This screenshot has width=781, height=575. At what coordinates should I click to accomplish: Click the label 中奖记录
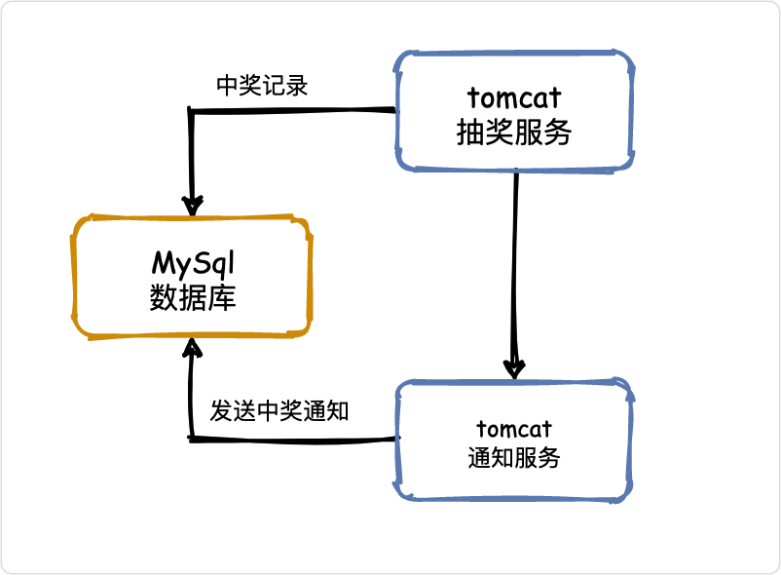click(262, 86)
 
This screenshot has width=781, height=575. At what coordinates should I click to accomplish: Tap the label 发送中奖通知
click(279, 411)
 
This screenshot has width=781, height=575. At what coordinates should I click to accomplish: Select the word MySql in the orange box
click(193, 263)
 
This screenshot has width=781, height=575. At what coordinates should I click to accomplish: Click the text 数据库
click(193, 298)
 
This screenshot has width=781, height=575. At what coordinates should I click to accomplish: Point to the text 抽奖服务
click(513, 132)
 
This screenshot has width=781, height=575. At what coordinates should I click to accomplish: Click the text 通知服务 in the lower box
click(514, 457)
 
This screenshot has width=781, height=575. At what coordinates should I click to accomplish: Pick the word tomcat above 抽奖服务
click(514, 97)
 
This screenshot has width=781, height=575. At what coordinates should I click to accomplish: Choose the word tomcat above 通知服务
click(514, 429)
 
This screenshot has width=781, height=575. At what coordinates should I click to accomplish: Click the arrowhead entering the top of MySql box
click(192, 206)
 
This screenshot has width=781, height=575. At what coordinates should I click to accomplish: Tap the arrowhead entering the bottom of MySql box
click(192, 348)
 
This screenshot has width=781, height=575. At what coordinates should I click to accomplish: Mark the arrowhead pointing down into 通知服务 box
click(514, 368)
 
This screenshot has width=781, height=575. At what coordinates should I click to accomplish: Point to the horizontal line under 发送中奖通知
click(295, 440)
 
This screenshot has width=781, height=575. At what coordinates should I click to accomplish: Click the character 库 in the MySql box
click(222, 298)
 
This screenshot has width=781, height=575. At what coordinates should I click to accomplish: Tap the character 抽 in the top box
click(470, 132)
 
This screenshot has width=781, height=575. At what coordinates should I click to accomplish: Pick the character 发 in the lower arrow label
click(221, 411)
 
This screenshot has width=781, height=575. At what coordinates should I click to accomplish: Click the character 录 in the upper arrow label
click(297, 86)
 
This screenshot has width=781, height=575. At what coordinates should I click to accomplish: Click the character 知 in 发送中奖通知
click(337, 411)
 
